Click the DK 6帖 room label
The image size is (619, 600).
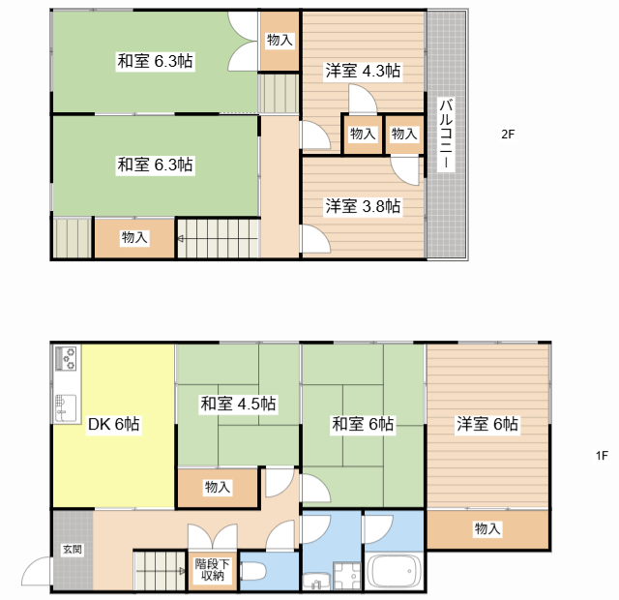[114, 424]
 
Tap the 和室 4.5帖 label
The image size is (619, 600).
[238, 403]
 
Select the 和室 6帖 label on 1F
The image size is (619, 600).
[363, 424]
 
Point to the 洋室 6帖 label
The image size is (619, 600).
[487, 424]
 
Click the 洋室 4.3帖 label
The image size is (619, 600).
[363, 71]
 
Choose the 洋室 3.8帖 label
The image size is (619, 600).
[363, 206]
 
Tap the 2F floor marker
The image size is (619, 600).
[507, 135]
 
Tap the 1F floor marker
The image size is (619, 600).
[601, 455]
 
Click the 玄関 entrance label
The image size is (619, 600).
[73, 550]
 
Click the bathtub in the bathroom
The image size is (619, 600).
[394, 571]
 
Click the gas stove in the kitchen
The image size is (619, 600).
[67, 360]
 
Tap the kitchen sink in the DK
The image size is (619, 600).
[66, 406]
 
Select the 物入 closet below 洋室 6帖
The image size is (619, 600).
[487, 528]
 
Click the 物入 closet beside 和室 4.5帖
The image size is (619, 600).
[218, 488]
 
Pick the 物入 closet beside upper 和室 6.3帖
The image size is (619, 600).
[280, 40]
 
